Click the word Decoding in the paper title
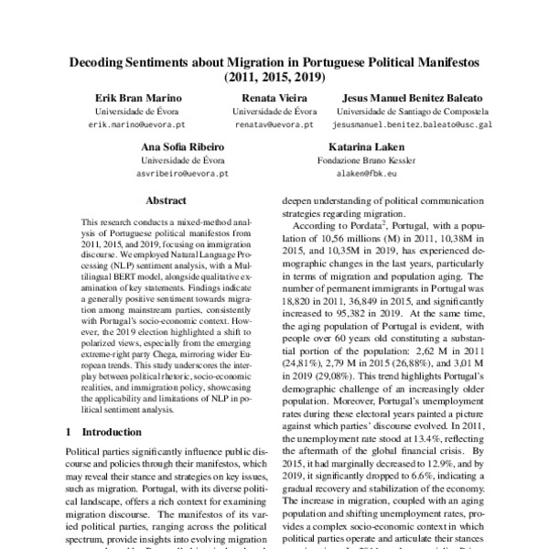102,62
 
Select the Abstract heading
166,199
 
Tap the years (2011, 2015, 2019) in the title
274,78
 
